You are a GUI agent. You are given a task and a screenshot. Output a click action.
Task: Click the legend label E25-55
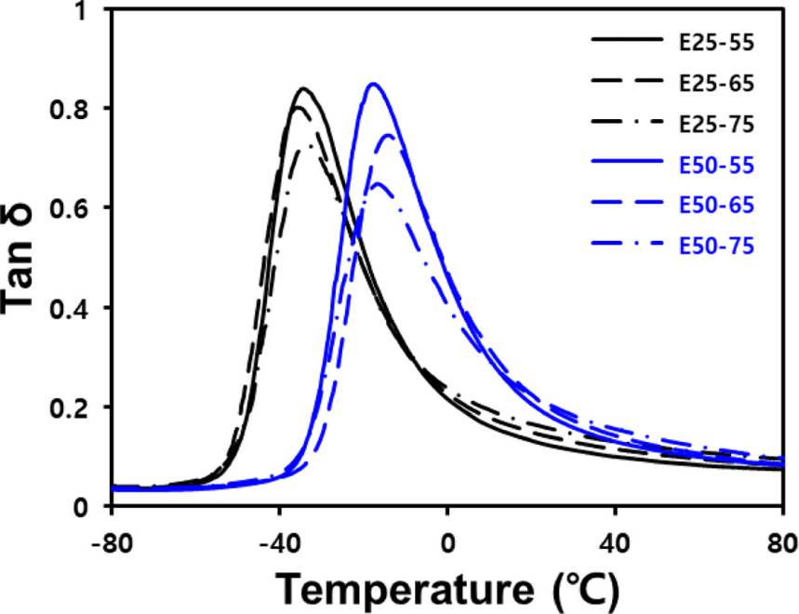click(716, 43)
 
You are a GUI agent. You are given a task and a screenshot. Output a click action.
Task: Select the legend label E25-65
click(716, 84)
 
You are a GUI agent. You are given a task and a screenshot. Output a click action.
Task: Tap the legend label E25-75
click(716, 125)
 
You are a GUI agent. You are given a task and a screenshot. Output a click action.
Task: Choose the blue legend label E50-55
click(716, 165)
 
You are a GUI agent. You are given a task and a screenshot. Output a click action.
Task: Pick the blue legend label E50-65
click(716, 206)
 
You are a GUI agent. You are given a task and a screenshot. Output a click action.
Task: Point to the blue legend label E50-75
click(716, 247)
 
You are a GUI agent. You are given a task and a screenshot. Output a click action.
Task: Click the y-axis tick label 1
click(81, 11)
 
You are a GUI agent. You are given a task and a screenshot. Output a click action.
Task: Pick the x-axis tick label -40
click(279, 544)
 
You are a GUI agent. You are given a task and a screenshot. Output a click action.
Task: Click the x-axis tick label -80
click(112, 544)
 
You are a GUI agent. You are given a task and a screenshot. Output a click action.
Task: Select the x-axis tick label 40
click(615, 544)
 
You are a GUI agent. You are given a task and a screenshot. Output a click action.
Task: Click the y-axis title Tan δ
click(18, 260)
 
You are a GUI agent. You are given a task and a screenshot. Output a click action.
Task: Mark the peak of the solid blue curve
click(374, 84)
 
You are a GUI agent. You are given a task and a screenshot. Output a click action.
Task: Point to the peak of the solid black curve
click(304, 88)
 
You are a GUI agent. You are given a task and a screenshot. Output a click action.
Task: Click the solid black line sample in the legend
click(627, 39)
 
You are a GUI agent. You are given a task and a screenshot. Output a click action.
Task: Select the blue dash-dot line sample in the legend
click(627, 243)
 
